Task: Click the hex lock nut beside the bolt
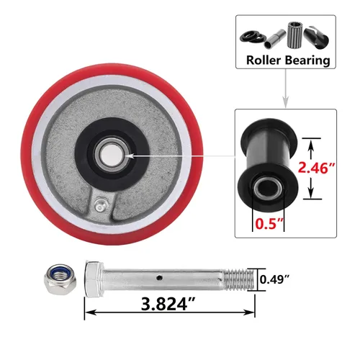pyautogui.click(x=60, y=279)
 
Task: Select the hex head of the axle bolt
pyautogui.click(x=94, y=279)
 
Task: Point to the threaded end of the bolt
pyautogui.click(x=238, y=279)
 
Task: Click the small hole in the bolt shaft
pyautogui.click(x=159, y=278)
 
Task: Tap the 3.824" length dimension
pyautogui.click(x=168, y=304)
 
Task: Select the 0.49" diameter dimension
pyautogui.click(x=274, y=279)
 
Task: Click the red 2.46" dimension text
pyautogui.click(x=316, y=168)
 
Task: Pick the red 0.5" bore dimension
pyautogui.click(x=269, y=224)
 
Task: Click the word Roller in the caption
pyautogui.click(x=264, y=60)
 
